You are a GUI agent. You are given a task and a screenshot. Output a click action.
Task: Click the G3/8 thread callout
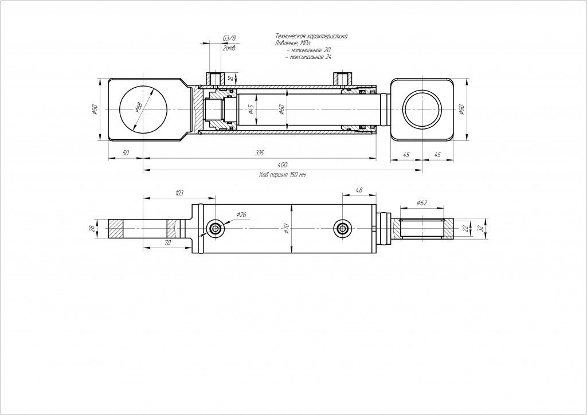(x=229, y=39)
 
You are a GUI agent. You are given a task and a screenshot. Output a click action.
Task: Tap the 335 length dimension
(x=260, y=153)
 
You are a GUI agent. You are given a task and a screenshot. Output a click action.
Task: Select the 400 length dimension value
(x=282, y=165)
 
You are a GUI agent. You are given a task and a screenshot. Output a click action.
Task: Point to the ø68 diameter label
(x=139, y=107)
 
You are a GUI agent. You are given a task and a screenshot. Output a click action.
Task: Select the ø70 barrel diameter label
(x=286, y=229)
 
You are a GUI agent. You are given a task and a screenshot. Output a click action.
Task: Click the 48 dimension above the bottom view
(x=359, y=190)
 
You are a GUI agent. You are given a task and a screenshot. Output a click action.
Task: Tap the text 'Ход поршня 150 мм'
(x=282, y=174)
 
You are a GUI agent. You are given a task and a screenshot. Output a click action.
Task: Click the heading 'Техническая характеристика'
(x=311, y=36)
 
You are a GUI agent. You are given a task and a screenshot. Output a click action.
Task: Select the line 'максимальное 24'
(x=310, y=57)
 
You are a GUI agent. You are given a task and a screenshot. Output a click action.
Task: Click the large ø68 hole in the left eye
(x=144, y=109)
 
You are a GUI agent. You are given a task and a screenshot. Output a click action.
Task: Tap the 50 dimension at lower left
(x=126, y=153)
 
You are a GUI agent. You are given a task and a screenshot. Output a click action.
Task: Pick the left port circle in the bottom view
(x=216, y=229)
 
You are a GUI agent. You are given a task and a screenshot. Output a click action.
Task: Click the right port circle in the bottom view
(x=342, y=229)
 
